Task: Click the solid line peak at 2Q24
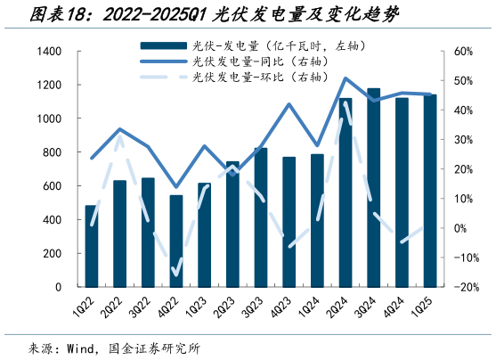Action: (346, 78)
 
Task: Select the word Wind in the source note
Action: (82, 348)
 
